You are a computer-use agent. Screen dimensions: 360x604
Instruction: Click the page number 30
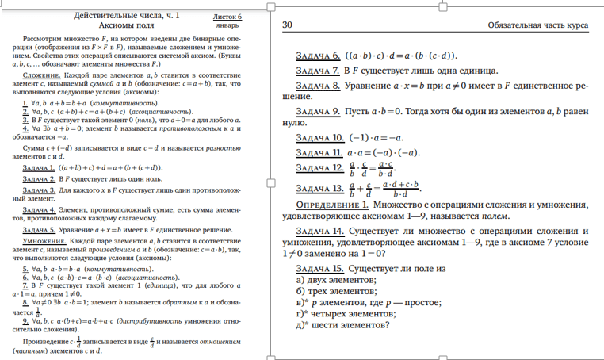288,25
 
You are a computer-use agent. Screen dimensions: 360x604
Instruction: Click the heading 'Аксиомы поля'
126,25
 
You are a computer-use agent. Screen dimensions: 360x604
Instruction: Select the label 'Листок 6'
228,16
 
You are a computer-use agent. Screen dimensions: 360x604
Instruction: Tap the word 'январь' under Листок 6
227,25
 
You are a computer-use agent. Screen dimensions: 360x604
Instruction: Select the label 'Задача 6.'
318,56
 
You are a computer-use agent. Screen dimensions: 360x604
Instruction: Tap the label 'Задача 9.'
318,111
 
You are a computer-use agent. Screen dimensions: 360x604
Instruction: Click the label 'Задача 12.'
320,168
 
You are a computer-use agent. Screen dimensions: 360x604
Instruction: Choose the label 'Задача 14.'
320,230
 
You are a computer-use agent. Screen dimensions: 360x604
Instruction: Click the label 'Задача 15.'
320,269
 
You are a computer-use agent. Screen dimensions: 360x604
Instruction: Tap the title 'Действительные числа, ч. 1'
126,15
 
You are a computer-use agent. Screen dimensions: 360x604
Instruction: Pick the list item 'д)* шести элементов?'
342,324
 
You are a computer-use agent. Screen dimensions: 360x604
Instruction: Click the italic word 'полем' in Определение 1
491,215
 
